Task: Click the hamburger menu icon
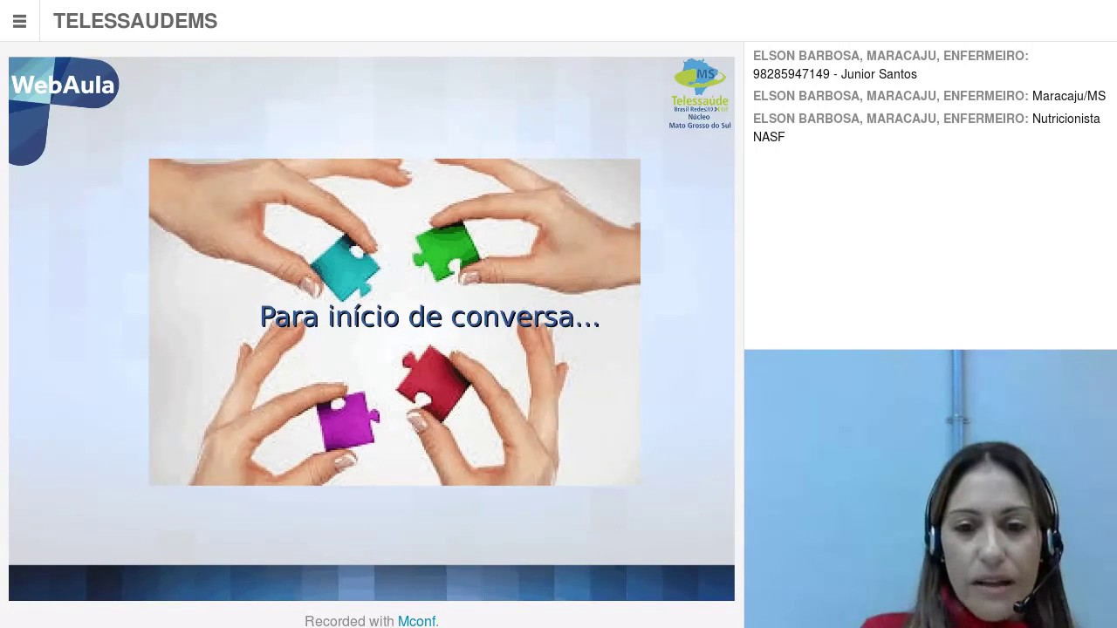point(19,21)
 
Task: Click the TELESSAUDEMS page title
point(135,21)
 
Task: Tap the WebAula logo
point(63,85)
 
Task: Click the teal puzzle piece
point(347,266)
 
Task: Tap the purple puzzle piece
point(349,420)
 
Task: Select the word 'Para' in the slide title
point(289,317)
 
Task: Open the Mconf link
point(417,621)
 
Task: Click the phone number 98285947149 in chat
point(791,74)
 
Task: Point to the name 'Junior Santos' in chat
point(879,74)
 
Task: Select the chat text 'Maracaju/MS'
point(1068,96)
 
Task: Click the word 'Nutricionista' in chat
point(1066,119)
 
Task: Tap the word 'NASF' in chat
point(769,137)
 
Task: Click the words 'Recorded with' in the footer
point(349,621)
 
